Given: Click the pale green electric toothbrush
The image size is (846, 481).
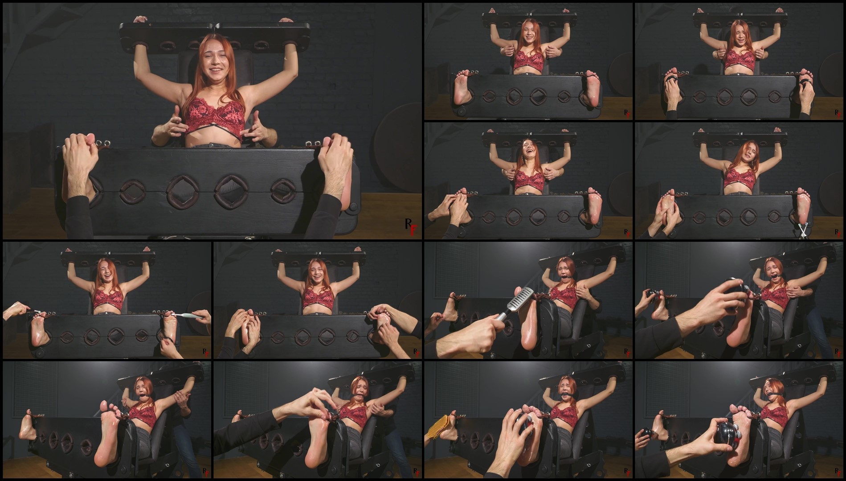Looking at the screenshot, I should point(187,315).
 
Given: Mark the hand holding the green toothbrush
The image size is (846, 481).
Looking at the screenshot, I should point(203,317).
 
